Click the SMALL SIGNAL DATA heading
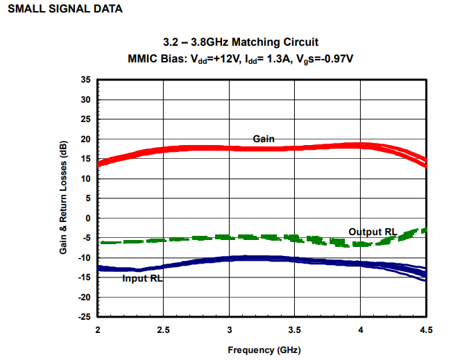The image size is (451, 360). (65, 9)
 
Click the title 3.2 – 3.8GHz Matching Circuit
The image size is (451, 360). (241, 42)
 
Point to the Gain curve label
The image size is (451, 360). (264, 139)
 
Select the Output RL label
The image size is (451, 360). (373, 231)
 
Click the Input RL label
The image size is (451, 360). (142, 278)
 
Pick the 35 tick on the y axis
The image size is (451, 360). (86, 80)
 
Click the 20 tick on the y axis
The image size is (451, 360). (86, 139)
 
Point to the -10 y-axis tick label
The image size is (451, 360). (84, 258)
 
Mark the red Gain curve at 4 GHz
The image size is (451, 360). (360, 146)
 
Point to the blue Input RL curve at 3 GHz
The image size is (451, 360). (229, 259)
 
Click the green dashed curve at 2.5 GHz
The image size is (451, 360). (163, 240)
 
